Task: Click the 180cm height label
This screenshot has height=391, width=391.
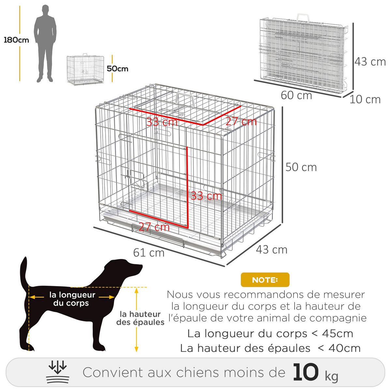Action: pos(16,40)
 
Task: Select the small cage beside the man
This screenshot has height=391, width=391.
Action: pos(85,70)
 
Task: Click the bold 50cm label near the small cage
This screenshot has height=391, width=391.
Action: pos(118,69)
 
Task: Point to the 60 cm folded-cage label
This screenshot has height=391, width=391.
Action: pos(297,95)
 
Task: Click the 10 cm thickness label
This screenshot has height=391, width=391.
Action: pos(365,99)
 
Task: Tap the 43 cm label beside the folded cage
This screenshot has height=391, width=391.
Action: pos(370,62)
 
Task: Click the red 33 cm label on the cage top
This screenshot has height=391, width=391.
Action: pos(162,122)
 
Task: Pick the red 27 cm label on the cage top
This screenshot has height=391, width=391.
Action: pos(241,122)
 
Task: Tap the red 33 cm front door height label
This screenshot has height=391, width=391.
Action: pos(206,196)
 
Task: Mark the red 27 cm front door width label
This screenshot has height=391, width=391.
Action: pos(154,227)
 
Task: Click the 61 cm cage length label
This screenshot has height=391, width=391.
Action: pos(149,253)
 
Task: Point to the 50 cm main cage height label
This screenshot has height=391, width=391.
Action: pos(301,167)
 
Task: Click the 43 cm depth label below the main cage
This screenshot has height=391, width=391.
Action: pos(271,250)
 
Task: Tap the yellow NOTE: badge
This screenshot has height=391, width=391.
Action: pos(265,280)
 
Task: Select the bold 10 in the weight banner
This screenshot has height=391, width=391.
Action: pos(305,372)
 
